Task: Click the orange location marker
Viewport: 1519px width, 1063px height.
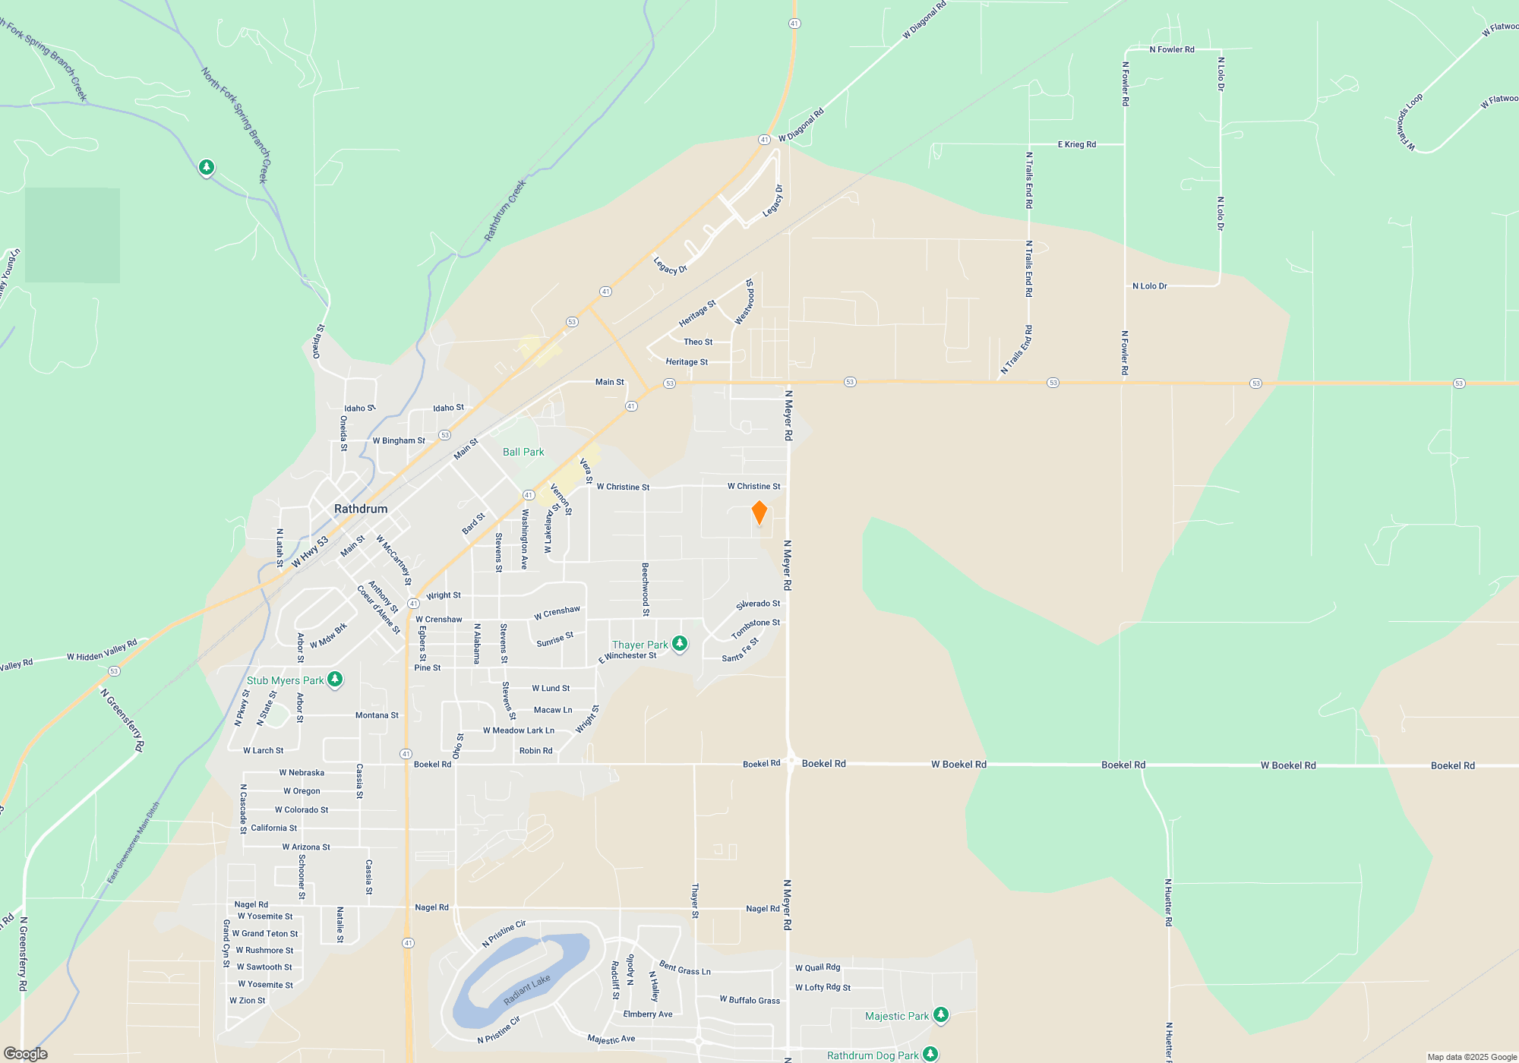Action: pos(759,513)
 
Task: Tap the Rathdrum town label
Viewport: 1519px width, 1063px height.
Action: pos(361,509)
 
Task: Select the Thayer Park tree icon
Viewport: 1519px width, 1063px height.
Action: pos(680,644)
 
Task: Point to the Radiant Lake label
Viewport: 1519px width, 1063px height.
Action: pos(526,990)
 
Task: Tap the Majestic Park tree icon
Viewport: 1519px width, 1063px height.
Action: pos(940,1014)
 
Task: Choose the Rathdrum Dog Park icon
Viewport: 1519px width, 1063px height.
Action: pos(930,1054)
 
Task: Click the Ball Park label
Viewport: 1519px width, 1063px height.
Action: pos(523,452)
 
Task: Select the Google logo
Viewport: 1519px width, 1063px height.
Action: pos(26,1054)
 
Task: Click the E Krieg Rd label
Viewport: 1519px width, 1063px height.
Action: pos(1077,144)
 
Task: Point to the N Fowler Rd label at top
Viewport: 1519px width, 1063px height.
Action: pos(1172,49)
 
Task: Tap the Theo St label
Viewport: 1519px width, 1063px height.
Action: pos(698,342)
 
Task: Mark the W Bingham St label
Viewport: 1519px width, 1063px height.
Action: pos(399,440)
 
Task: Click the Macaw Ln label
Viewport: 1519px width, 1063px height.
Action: pos(553,710)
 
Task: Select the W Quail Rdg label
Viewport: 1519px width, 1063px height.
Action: pos(817,967)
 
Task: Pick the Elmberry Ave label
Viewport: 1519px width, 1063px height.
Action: pos(648,1014)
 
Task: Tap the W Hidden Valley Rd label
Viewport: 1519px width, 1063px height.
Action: pos(102,651)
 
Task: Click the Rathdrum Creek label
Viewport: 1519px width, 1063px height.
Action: pos(505,211)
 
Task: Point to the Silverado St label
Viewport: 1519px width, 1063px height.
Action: pos(758,604)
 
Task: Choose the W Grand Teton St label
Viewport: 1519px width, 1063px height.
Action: pos(265,933)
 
